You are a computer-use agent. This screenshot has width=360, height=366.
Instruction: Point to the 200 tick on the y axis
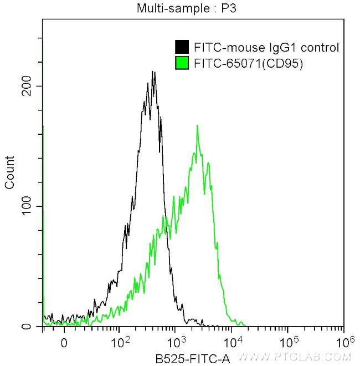29,86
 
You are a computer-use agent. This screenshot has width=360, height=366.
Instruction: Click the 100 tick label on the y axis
29,206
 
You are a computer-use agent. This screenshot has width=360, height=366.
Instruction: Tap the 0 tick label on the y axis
34,327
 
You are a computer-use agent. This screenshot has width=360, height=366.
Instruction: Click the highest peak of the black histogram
153,72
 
